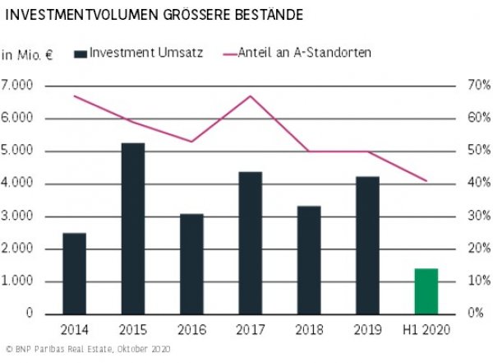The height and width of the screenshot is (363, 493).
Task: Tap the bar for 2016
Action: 191,263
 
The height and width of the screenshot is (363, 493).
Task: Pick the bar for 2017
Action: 250,243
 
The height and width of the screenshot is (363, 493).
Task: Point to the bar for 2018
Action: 309,259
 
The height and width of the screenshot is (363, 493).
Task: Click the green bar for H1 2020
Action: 426,291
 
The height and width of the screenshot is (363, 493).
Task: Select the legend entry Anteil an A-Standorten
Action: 304,53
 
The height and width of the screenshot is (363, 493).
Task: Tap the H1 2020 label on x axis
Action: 426,330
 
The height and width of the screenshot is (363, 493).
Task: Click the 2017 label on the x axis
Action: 250,330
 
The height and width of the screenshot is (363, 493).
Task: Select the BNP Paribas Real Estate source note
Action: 86,350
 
